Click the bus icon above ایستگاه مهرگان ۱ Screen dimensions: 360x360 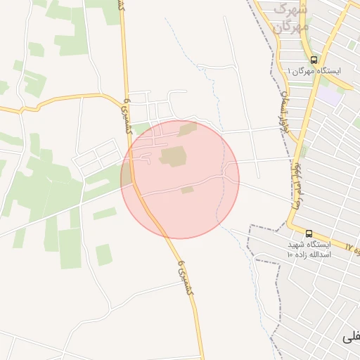[x=314, y=60]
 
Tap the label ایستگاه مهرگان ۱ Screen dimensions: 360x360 [x=314, y=72]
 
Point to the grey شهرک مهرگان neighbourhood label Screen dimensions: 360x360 [x=290, y=19]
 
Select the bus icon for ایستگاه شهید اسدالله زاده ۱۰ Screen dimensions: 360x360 [x=309, y=233]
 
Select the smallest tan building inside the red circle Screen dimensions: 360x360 [x=187, y=190]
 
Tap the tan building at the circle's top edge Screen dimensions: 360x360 [x=188, y=129]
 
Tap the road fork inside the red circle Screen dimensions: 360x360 [x=224, y=176]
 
